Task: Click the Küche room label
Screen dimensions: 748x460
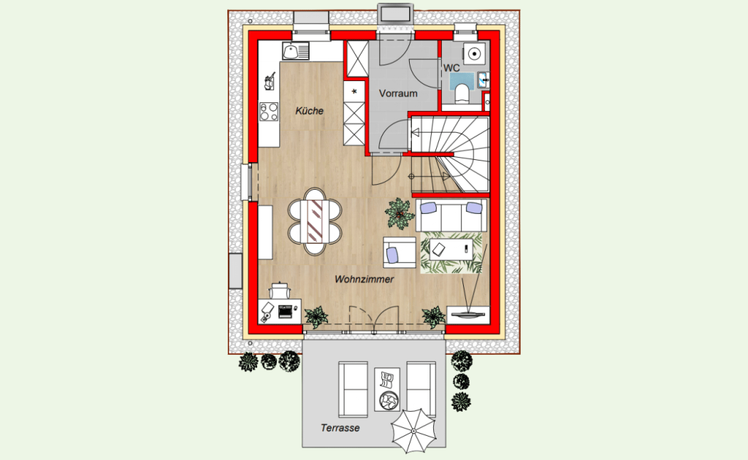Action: pyautogui.click(x=309, y=111)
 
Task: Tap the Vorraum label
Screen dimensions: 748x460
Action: pyautogui.click(x=398, y=93)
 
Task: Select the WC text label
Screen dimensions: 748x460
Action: pyautogui.click(x=451, y=68)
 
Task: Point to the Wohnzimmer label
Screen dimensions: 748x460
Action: pyautogui.click(x=364, y=279)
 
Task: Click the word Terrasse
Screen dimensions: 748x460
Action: pyautogui.click(x=340, y=428)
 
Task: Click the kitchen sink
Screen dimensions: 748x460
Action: pyautogui.click(x=295, y=51)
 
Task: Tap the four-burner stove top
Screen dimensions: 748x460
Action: pyautogui.click(x=269, y=112)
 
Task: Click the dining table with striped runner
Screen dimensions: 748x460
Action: pyautogui.click(x=316, y=221)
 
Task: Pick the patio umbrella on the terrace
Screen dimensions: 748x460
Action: pyautogui.click(x=413, y=431)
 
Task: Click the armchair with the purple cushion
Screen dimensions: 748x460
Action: pyautogui.click(x=400, y=252)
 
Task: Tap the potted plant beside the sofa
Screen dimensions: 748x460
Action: pyautogui.click(x=400, y=212)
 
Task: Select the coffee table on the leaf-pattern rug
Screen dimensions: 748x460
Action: pyautogui.click(x=451, y=249)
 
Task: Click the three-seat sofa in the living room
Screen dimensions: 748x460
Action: pyautogui.click(x=451, y=215)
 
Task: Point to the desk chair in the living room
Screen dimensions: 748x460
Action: pyautogui.click(x=279, y=291)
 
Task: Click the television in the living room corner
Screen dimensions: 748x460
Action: pyautogui.click(x=468, y=315)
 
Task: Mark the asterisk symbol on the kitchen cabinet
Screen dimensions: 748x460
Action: pyautogui.click(x=354, y=91)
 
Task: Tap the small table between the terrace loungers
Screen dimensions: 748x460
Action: pyautogui.click(x=387, y=389)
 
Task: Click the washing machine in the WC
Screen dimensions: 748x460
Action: pyautogui.click(x=473, y=54)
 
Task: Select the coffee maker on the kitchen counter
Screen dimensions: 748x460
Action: pyautogui.click(x=270, y=81)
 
